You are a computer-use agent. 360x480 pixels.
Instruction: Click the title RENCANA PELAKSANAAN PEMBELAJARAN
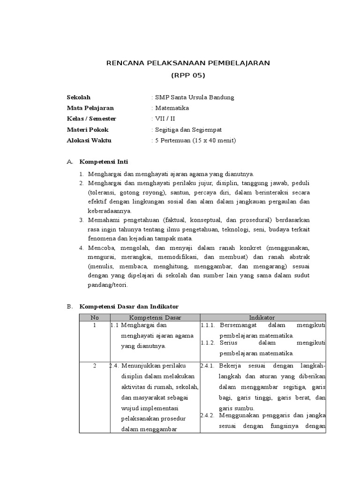188,63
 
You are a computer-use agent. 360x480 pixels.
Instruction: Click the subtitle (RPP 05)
188,75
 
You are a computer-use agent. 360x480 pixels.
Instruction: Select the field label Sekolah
79,97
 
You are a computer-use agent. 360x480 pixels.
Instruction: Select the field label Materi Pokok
88,130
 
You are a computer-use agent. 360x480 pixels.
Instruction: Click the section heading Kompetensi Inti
104,162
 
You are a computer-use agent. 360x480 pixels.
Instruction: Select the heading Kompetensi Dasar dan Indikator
129,307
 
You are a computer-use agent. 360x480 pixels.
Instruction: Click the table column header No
94,317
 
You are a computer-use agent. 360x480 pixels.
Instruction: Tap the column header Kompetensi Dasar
155,317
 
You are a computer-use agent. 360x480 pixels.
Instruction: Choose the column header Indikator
262,317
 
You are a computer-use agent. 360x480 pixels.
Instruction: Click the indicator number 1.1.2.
208,343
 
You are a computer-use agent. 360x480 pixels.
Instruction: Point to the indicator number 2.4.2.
208,415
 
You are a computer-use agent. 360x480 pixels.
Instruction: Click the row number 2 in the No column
94,366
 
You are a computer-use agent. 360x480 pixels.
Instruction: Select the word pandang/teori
107,285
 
